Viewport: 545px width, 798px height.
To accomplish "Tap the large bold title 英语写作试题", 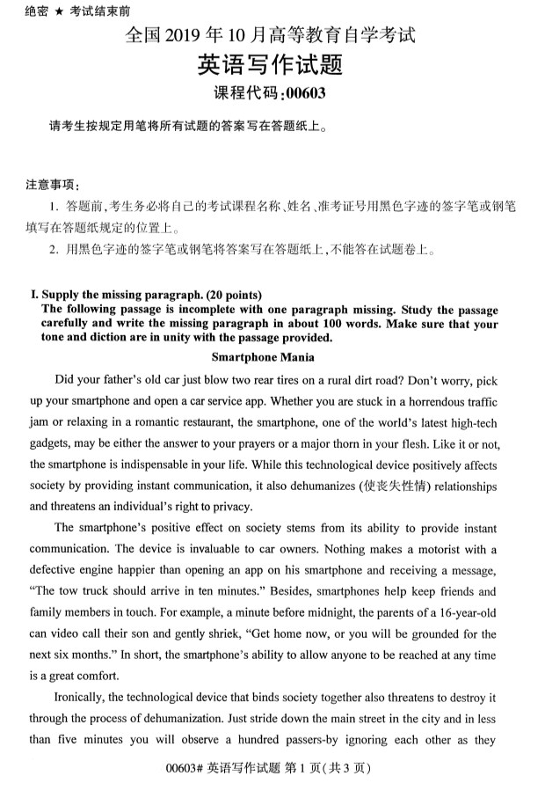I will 270,64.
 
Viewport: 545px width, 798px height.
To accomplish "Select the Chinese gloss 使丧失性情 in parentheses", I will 377,486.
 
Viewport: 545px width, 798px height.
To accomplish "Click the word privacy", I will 230,506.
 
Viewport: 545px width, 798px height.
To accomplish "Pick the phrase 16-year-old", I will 463,613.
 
